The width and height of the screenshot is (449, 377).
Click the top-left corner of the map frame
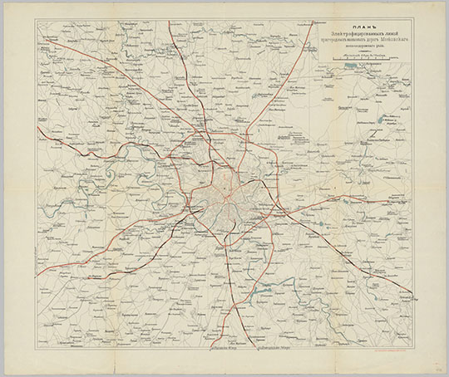[36, 21]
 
